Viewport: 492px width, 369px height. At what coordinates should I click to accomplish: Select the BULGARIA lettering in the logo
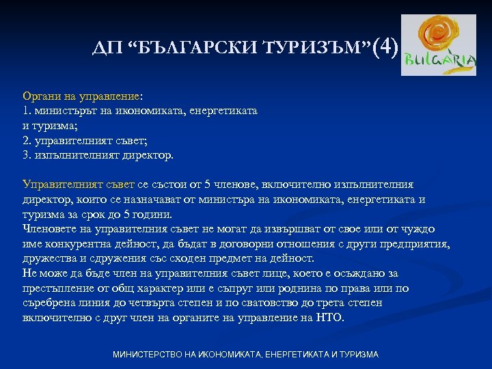click(439, 61)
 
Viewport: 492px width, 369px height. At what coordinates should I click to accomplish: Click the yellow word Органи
click(42, 98)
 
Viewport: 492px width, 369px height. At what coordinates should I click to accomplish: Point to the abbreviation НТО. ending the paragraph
click(331, 318)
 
